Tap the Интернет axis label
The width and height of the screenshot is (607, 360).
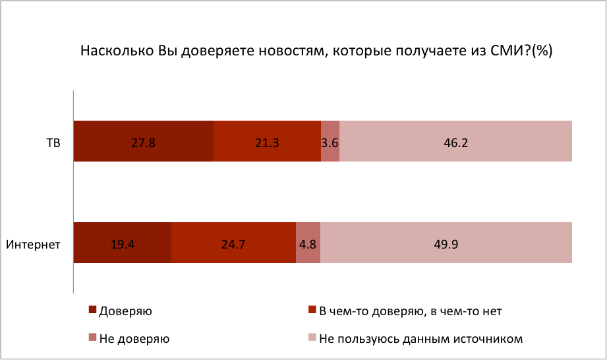pyautogui.click(x=34, y=245)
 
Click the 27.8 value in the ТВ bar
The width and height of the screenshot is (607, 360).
pyautogui.click(x=143, y=142)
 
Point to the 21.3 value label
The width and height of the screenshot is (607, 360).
pyautogui.click(x=267, y=142)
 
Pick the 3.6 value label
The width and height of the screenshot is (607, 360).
pyautogui.click(x=330, y=142)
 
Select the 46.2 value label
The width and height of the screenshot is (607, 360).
pyautogui.click(x=455, y=142)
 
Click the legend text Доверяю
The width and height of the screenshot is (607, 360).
pyautogui.click(x=126, y=310)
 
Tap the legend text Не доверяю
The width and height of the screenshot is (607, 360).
pyautogui.click(x=134, y=340)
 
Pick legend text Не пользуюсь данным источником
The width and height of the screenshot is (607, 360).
pyautogui.click(x=421, y=340)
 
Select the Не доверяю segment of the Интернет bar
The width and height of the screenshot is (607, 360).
pyautogui.click(x=308, y=234)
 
